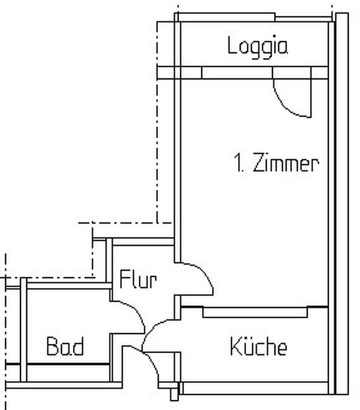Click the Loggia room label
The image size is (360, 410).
tap(258, 47)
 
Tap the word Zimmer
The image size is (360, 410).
tap(286, 162)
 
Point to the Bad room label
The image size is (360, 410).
tap(66, 346)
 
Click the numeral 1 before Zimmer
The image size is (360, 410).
tap(238, 162)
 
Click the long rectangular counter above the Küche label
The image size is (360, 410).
tap(255, 313)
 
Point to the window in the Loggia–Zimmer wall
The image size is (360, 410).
tap(237, 73)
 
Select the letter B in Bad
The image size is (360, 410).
tap(52, 346)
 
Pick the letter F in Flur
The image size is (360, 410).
tap(124, 279)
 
